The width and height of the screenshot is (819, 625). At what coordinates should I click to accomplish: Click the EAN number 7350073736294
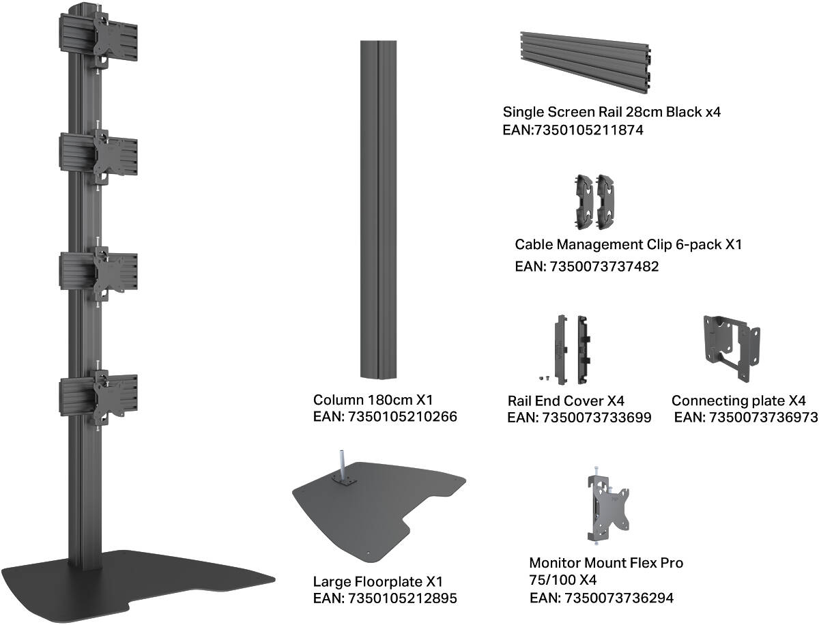(x=618, y=598)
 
